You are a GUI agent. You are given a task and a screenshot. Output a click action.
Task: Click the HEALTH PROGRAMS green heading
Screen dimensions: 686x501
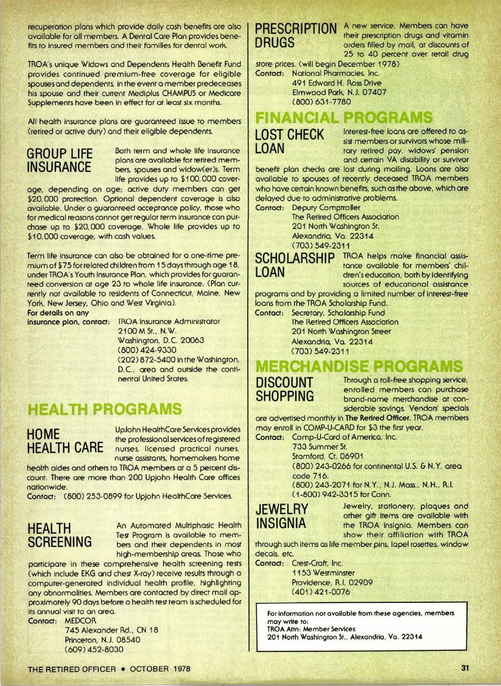[x=104, y=409]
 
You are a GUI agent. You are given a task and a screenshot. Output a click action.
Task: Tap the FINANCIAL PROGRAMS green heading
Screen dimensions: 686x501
[x=344, y=117]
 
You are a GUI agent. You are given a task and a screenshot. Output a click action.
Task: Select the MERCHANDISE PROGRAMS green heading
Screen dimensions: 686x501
[x=359, y=366]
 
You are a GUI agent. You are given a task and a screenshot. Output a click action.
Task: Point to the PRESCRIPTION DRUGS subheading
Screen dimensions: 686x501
[x=296, y=36]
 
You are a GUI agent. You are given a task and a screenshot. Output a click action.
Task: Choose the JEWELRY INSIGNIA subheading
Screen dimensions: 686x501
[x=282, y=516]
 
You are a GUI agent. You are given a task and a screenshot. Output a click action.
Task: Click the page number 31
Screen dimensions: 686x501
[x=466, y=668]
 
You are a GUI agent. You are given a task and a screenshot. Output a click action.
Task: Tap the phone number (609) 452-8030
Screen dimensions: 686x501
[x=94, y=650]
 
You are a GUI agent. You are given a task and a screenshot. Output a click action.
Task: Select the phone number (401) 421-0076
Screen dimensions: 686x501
[x=321, y=592]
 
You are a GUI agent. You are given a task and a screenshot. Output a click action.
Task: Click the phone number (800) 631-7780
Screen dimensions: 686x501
[x=321, y=102]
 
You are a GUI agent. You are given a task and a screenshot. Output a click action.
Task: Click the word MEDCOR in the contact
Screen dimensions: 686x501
[x=81, y=621]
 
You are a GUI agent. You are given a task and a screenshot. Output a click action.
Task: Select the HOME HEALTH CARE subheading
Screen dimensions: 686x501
[x=65, y=441]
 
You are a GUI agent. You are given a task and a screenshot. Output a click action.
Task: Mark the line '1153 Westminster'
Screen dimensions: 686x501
[x=323, y=573]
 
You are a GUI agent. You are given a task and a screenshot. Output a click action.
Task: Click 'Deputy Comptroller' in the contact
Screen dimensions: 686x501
[x=326, y=208]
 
